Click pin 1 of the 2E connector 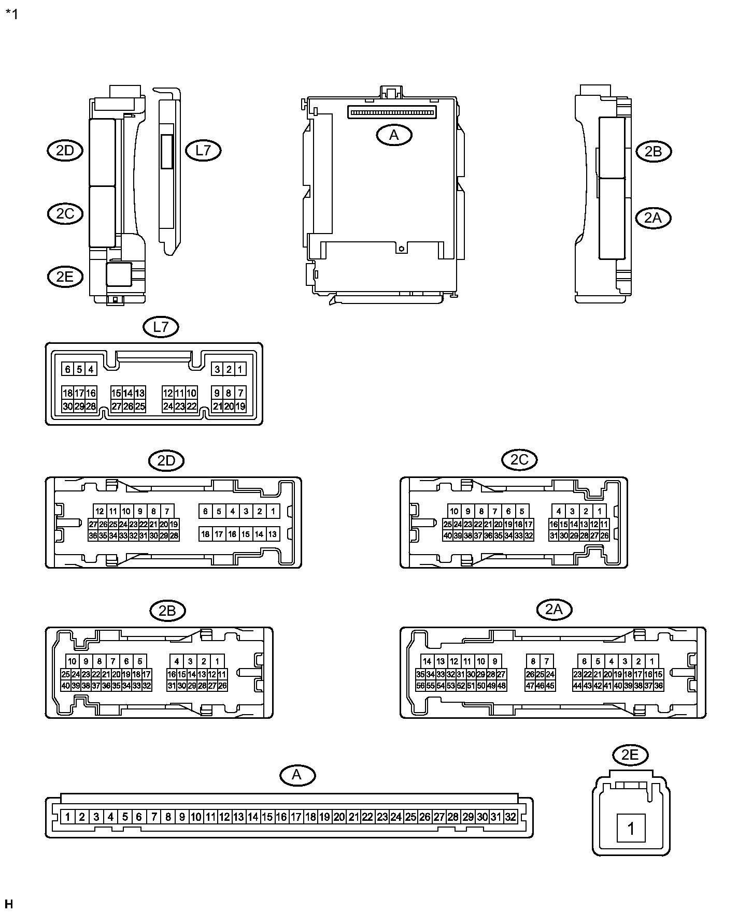631,829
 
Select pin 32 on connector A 510,817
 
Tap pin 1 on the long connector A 68,817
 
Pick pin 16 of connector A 281,817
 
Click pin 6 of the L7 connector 68,369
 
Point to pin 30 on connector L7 68,407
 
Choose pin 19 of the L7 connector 240,407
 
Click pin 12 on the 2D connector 100,511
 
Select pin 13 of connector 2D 273,534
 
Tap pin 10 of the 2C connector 455,511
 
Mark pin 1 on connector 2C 599,511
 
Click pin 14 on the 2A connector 427,661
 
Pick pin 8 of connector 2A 533,661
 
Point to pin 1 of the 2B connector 217,661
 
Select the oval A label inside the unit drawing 394,135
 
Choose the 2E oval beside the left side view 65,277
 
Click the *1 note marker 11,14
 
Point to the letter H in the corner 8,904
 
